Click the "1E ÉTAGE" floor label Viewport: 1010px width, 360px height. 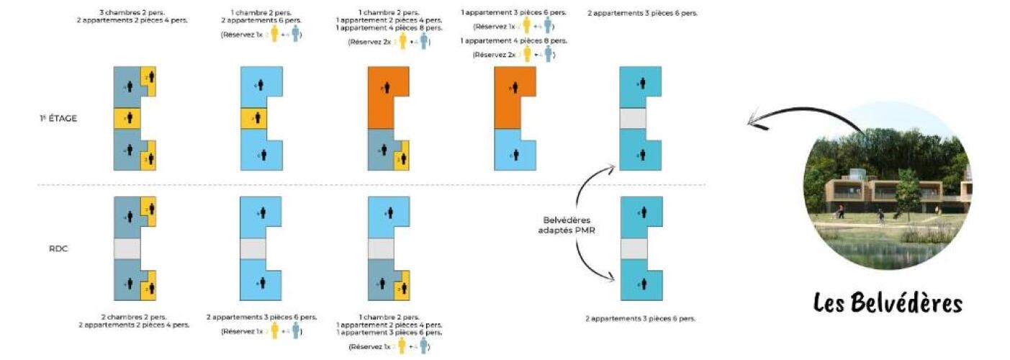(58, 118)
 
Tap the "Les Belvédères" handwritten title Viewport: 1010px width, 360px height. (888, 303)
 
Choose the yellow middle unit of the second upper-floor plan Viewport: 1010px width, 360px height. (253, 118)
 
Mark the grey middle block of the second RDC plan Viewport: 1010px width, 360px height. (253, 248)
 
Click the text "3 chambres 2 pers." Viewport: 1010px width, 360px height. (132, 12)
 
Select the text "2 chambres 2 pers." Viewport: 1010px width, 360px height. (132, 317)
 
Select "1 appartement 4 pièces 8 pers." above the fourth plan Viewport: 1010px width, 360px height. (514, 41)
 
